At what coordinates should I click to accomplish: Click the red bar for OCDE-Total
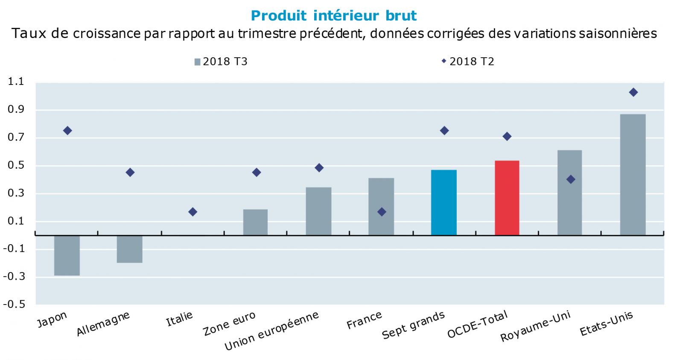(x=507, y=198)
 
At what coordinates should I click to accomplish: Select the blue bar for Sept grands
(x=444, y=202)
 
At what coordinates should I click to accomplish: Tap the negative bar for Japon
(x=67, y=255)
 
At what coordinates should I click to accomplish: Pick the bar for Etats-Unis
(x=633, y=174)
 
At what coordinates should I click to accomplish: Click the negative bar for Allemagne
(x=130, y=249)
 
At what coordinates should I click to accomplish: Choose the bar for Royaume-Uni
(x=569, y=192)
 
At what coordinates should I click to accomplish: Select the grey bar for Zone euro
(x=255, y=222)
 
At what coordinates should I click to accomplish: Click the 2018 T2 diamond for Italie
(x=193, y=212)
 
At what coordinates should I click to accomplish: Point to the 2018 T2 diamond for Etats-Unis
(x=633, y=92)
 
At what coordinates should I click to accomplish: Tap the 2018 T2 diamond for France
(x=382, y=212)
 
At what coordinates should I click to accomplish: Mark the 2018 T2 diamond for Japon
(x=67, y=131)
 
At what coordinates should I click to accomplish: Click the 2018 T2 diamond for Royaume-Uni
(x=570, y=179)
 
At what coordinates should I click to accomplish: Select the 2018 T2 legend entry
(x=468, y=61)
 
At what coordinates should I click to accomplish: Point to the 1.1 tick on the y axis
(x=16, y=82)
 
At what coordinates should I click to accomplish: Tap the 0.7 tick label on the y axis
(x=16, y=138)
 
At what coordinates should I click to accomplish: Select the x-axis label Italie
(x=179, y=319)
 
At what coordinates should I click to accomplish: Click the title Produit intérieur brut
(x=334, y=16)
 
